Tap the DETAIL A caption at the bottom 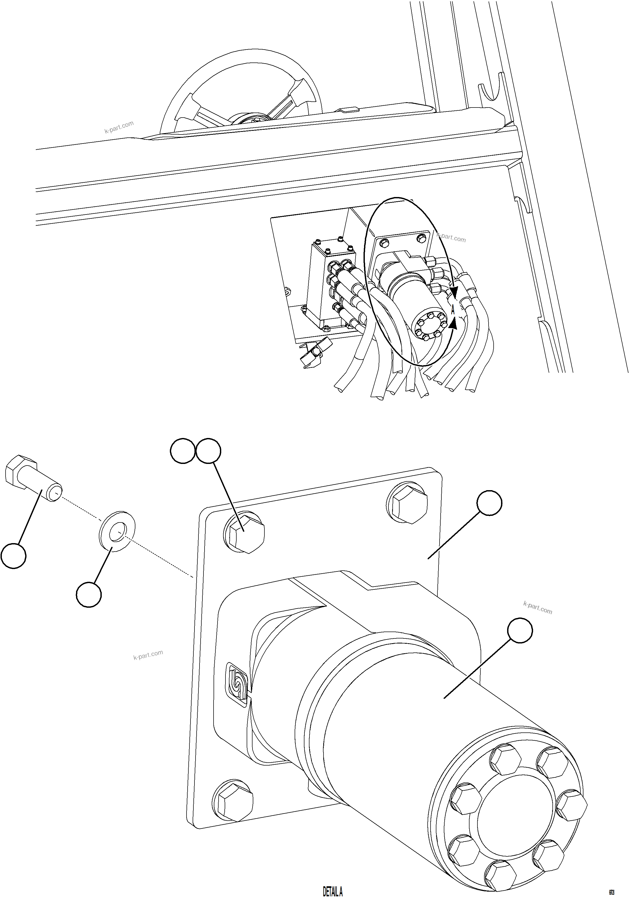coord(333,891)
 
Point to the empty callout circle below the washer coord(89,595)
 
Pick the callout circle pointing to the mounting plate coord(489,504)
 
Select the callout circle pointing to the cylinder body coord(520,630)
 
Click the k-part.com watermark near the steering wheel coord(119,127)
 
